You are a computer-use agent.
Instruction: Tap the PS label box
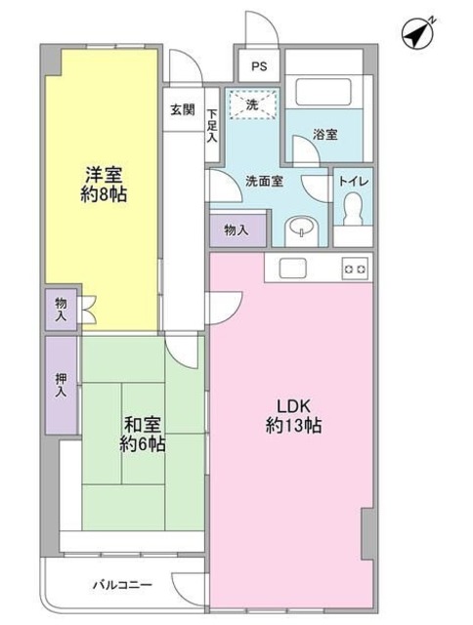258,67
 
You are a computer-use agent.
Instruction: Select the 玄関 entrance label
182,109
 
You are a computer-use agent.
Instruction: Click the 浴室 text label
325,135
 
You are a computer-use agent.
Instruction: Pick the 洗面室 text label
263,180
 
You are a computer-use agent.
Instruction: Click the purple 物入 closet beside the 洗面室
236,230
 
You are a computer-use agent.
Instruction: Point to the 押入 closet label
61,384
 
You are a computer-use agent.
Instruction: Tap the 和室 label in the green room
143,425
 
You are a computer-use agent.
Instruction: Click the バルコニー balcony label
122,584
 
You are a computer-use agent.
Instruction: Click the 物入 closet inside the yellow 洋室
61,310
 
